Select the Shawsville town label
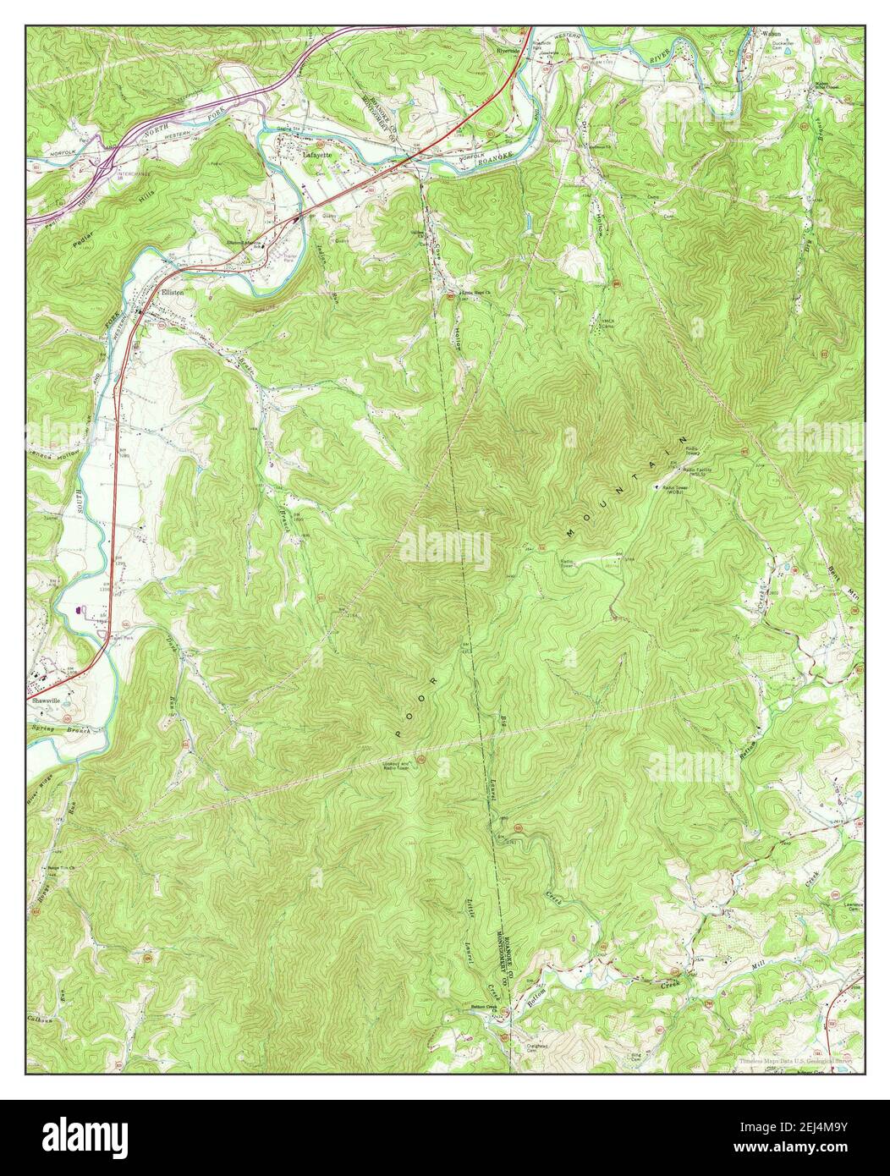[49, 701]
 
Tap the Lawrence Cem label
[851, 907]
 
